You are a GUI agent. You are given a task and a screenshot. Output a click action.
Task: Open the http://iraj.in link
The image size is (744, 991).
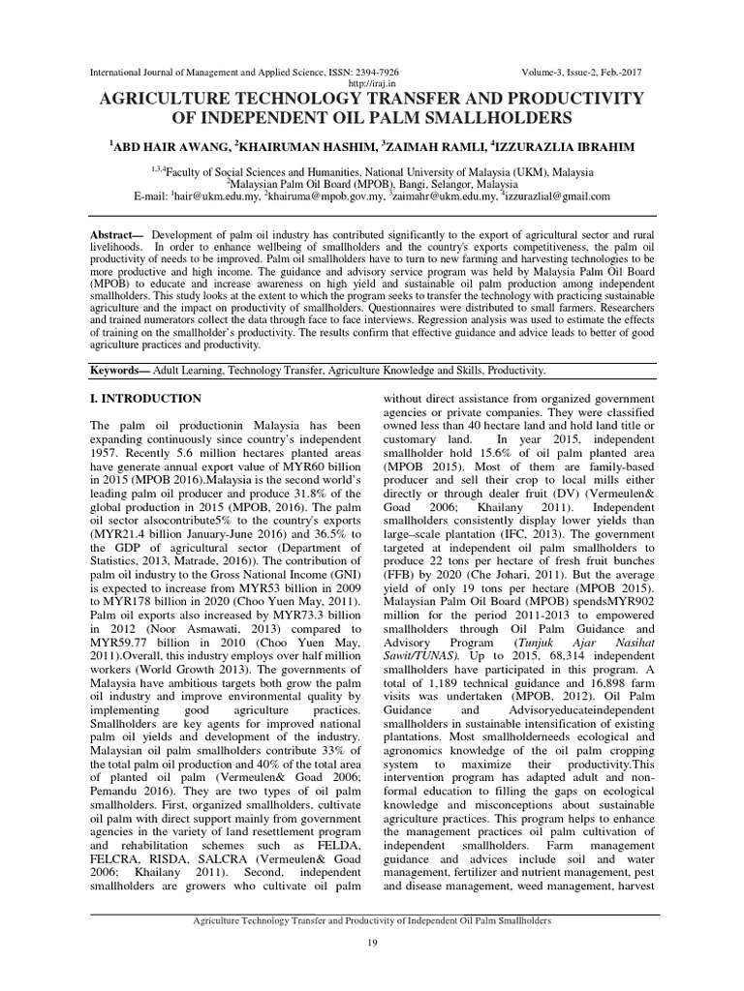(371, 84)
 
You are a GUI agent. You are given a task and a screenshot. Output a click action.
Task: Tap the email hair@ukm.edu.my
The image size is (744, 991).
(215, 195)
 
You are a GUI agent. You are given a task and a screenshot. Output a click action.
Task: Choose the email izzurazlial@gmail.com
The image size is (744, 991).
(557, 195)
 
